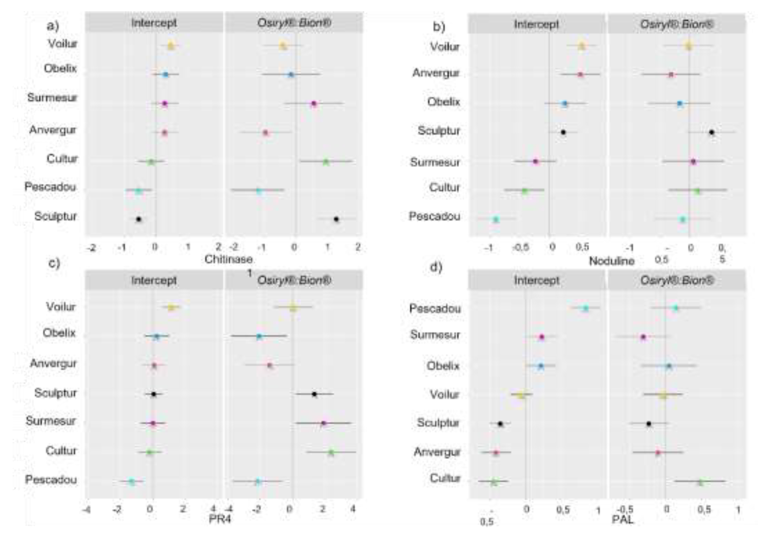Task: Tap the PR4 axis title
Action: pyautogui.click(x=220, y=519)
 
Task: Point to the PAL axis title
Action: pyautogui.click(x=623, y=519)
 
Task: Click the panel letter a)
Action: pyautogui.click(x=53, y=25)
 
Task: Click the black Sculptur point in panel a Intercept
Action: pyautogui.click(x=139, y=219)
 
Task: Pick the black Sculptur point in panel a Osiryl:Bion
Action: pyautogui.click(x=336, y=219)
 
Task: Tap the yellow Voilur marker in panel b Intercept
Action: pyautogui.click(x=582, y=46)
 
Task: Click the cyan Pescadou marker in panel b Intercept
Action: pyautogui.click(x=496, y=219)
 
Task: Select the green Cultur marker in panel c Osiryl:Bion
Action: pyautogui.click(x=331, y=452)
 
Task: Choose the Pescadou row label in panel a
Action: pyautogui.click(x=50, y=187)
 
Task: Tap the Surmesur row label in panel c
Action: pyautogui.click(x=51, y=421)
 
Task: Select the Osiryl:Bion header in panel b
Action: pyautogui.click(x=677, y=24)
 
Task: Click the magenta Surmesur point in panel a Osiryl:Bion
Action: pyautogui.click(x=314, y=104)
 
